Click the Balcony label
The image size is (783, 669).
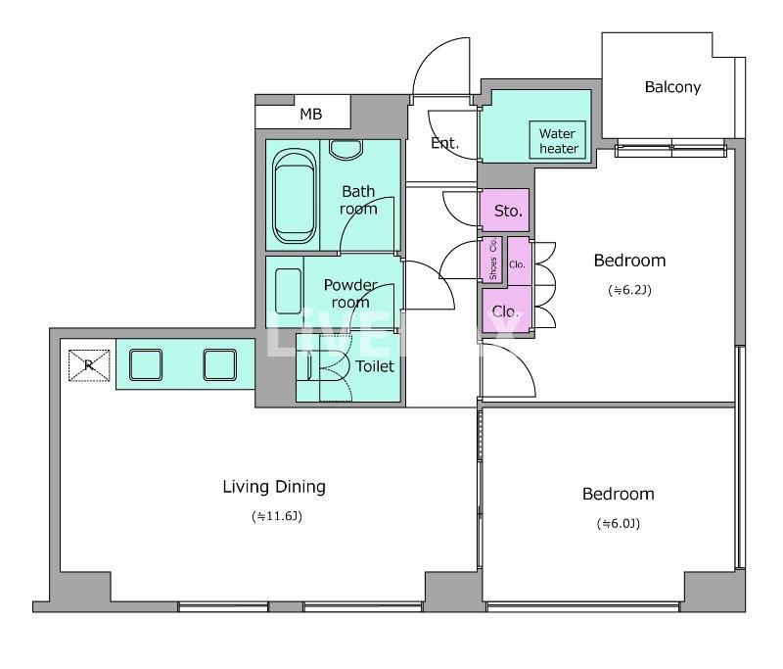[672, 87]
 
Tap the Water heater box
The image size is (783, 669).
[557, 140]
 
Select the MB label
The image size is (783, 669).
[310, 115]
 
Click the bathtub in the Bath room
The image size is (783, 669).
[295, 196]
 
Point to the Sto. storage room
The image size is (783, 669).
[504, 211]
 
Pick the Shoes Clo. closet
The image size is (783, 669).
[493, 259]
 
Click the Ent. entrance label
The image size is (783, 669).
[444, 143]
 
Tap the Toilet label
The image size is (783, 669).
[375, 366]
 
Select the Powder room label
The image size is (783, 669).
[350, 293]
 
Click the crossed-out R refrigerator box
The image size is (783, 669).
[89, 365]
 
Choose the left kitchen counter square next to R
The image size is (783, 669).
[146, 364]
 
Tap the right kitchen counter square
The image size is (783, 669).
[219, 364]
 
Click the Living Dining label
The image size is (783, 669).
[274, 487]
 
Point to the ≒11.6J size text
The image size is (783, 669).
[277, 516]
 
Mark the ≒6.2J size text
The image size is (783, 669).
[629, 290]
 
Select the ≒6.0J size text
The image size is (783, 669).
[619, 523]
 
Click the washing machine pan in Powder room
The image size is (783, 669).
[288, 291]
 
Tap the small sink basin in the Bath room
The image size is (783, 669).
[346, 150]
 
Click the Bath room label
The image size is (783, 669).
[358, 200]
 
